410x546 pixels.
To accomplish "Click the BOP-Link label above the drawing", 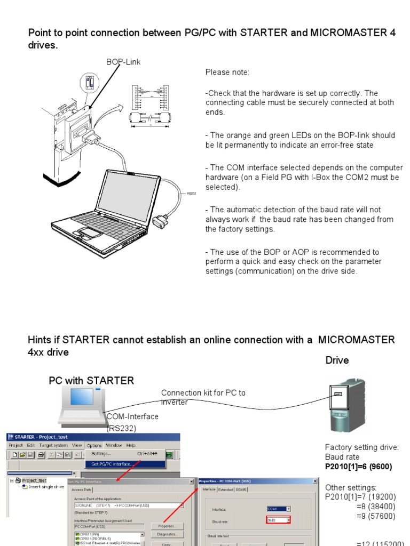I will [x=123, y=62].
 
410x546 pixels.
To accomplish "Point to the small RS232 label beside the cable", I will [x=191, y=194].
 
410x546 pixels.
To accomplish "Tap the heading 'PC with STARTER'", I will [x=91, y=380].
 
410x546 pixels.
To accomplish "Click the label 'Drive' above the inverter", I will [x=337, y=360].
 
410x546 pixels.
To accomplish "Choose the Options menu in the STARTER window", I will [x=94, y=445].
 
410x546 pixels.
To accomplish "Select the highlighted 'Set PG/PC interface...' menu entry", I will [x=112, y=464].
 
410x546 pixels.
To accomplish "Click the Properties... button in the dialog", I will [x=167, y=526].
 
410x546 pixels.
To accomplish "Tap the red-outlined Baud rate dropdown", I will [x=279, y=520].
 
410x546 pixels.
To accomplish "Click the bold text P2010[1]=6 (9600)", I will [x=358, y=467].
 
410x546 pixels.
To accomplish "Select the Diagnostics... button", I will [x=167, y=534].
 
